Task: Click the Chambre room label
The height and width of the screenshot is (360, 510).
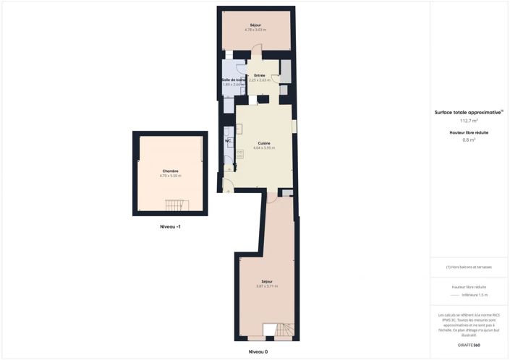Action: point(170,171)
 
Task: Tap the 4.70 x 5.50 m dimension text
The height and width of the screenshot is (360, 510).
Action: point(170,176)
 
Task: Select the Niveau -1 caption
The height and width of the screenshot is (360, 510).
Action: point(170,227)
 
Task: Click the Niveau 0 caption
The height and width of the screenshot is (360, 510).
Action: point(258,351)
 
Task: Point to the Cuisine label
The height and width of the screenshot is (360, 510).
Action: point(264,143)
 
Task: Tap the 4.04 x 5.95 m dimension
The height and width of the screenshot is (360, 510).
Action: point(264,148)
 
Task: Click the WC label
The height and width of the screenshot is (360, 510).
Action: point(227,141)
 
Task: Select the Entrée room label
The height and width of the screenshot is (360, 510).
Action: point(259,75)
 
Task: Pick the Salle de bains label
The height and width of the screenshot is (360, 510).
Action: point(234,80)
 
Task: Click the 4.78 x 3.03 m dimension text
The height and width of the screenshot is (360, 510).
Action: point(255,30)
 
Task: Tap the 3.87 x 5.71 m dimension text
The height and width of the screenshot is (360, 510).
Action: point(267,286)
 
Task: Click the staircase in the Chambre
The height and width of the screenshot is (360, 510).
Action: point(176,205)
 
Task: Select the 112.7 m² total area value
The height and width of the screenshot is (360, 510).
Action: point(469,121)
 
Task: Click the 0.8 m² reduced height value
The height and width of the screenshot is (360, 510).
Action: point(469,140)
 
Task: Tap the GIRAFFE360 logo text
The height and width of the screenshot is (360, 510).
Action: point(469,345)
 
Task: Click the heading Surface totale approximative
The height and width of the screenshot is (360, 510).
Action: point(467,112)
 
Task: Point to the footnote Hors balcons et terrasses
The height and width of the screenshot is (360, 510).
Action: point(469,267)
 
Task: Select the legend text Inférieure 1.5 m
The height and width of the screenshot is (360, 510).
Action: point(475,295)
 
